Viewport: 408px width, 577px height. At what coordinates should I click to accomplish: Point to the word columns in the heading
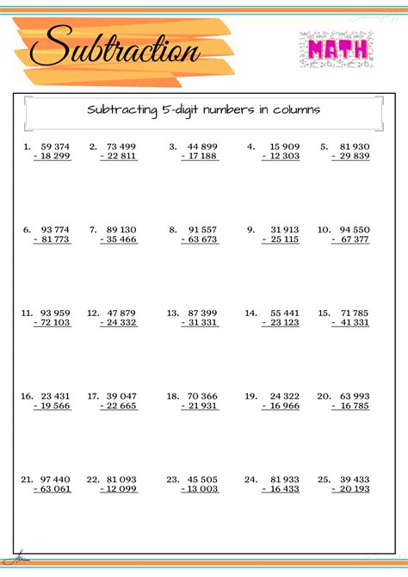(x=295, y=110)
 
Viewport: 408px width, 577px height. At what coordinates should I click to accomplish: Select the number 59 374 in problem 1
(x=55, y=146)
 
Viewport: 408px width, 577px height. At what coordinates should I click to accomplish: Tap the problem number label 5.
(x=324, y=146)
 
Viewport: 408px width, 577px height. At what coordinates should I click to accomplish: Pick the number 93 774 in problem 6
(x=55, y=230)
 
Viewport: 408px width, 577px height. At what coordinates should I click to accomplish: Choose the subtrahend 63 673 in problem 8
(x=201, y=239)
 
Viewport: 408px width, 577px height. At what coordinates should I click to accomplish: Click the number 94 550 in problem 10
(x=354, y=230)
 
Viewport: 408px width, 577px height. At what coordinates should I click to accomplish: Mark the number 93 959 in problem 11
(x=55, y=313)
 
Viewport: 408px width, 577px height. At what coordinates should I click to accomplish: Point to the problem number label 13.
(x=172, y=313)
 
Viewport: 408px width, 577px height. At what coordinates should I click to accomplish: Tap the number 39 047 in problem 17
(x=121, y=396)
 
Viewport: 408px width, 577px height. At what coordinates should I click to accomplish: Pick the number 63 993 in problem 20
(x=354, y=396)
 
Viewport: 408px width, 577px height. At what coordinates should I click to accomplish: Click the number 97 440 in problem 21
(x=55, y=479)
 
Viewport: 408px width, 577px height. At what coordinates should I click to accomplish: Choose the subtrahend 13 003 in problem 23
(x=201, y=488)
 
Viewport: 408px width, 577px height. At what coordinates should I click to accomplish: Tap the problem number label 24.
(x=250, y=479)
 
